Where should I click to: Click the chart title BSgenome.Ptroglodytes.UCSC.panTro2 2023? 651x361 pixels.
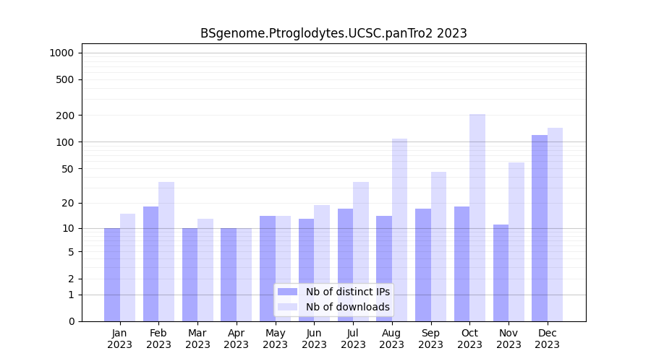tap(333, 33)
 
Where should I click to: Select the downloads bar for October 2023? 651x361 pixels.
tap(477, 217)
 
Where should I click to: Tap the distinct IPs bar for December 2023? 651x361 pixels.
tap(540, 227)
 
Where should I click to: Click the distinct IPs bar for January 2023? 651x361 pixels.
tap(112, 274)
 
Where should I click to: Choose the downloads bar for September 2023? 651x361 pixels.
tap(438, 246)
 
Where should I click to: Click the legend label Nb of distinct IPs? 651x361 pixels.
tap(347, 292)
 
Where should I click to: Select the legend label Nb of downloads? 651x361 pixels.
tap(347, 307)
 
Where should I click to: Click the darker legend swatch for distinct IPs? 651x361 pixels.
tap(288, 292)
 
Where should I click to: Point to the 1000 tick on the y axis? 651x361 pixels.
tap(61, 53)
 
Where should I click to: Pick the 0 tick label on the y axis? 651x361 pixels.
tap(71, 321)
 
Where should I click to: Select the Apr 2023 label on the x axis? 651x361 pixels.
tap(237, 339)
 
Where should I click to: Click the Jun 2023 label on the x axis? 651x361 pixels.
tap(314, 339)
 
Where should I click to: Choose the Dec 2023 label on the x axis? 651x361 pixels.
tap(548, 339)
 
